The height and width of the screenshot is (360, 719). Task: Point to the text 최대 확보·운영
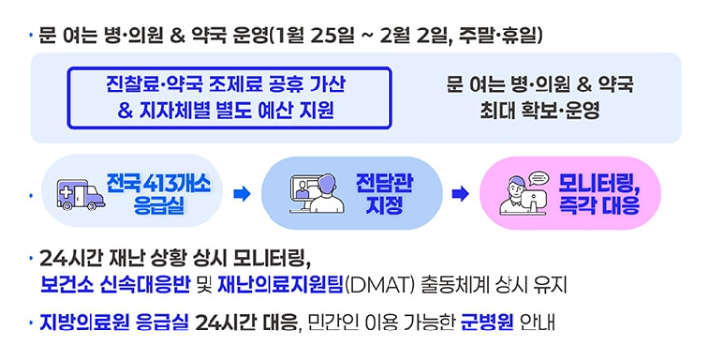(x=539, y=110)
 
